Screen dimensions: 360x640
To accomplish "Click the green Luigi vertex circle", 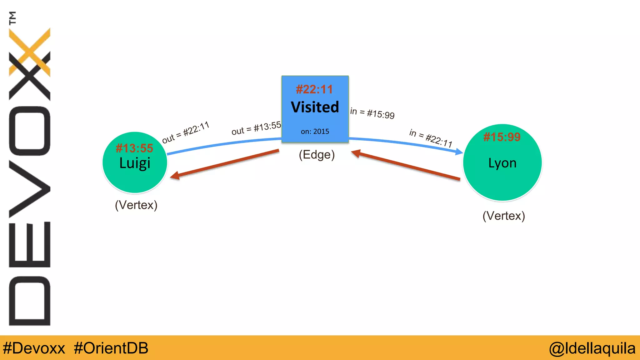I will coord(135,178).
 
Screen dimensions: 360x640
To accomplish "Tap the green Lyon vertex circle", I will coord(502,181).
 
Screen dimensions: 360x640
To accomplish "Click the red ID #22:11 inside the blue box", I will coord(314,89).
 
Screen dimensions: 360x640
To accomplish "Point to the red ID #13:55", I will coord(134,148).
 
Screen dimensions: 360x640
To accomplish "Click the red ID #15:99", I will coord(502,137).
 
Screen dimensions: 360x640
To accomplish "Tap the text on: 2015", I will coord(315,132).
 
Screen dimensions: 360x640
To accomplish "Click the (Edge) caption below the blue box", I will coord(317,155).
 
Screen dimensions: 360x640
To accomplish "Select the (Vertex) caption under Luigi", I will coord(136,205).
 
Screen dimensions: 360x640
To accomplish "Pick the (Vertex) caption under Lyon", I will coord(503,216).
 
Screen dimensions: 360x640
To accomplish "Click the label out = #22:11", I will coord(185,132).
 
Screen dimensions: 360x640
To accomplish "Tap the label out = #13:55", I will coord(256,128).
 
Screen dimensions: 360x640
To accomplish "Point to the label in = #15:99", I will coord(372,113).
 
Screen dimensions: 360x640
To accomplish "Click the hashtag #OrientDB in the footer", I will coord(111,348).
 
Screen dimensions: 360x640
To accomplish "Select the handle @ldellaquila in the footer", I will coord(592,348).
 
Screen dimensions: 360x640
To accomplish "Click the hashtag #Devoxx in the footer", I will coord(34,348).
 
